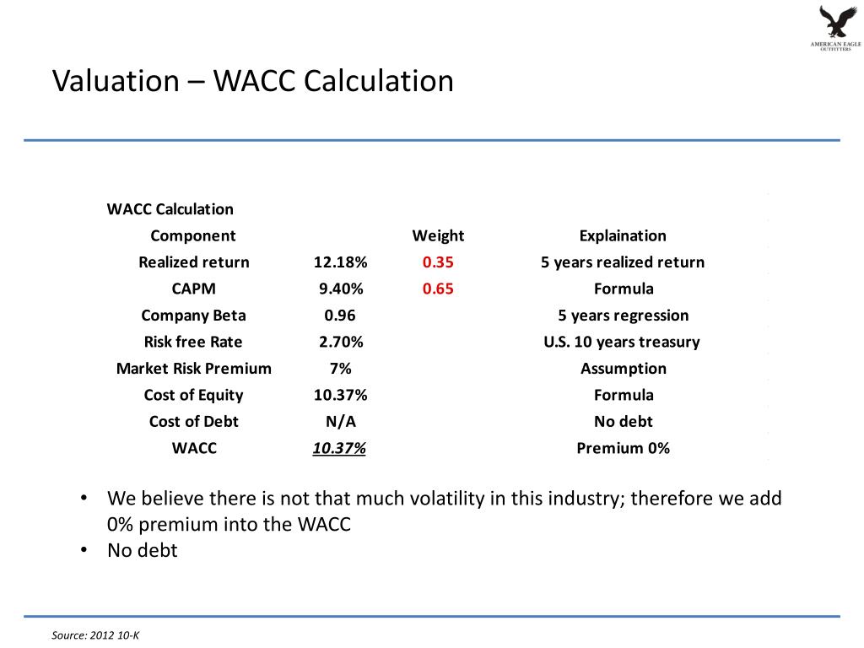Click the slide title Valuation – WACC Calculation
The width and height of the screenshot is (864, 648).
(253, 81)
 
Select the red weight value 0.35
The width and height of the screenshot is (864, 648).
(438, 262)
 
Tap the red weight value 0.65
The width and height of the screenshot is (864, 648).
(438, 289)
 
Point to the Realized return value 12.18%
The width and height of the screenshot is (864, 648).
(340, 262)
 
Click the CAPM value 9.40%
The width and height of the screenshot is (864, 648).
(340, 289)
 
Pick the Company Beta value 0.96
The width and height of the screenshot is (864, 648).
(340, 316)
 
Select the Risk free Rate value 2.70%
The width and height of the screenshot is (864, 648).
(340, 342)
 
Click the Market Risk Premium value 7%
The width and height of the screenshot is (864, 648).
(340, 369)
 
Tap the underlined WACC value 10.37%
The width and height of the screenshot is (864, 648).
(339, 448)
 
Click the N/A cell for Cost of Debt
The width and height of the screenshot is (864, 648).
(340, 421)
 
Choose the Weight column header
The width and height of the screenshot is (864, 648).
(438, 235)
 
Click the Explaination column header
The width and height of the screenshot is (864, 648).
(623, 235)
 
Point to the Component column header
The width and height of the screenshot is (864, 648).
(193, 235)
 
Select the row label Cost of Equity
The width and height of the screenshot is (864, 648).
(193, 395)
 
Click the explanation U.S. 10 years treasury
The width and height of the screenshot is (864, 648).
(623, 342)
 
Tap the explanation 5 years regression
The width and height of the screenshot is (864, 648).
(623, 316)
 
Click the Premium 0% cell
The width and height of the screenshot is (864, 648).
(623, 448)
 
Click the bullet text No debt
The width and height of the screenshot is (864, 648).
(143, 551)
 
